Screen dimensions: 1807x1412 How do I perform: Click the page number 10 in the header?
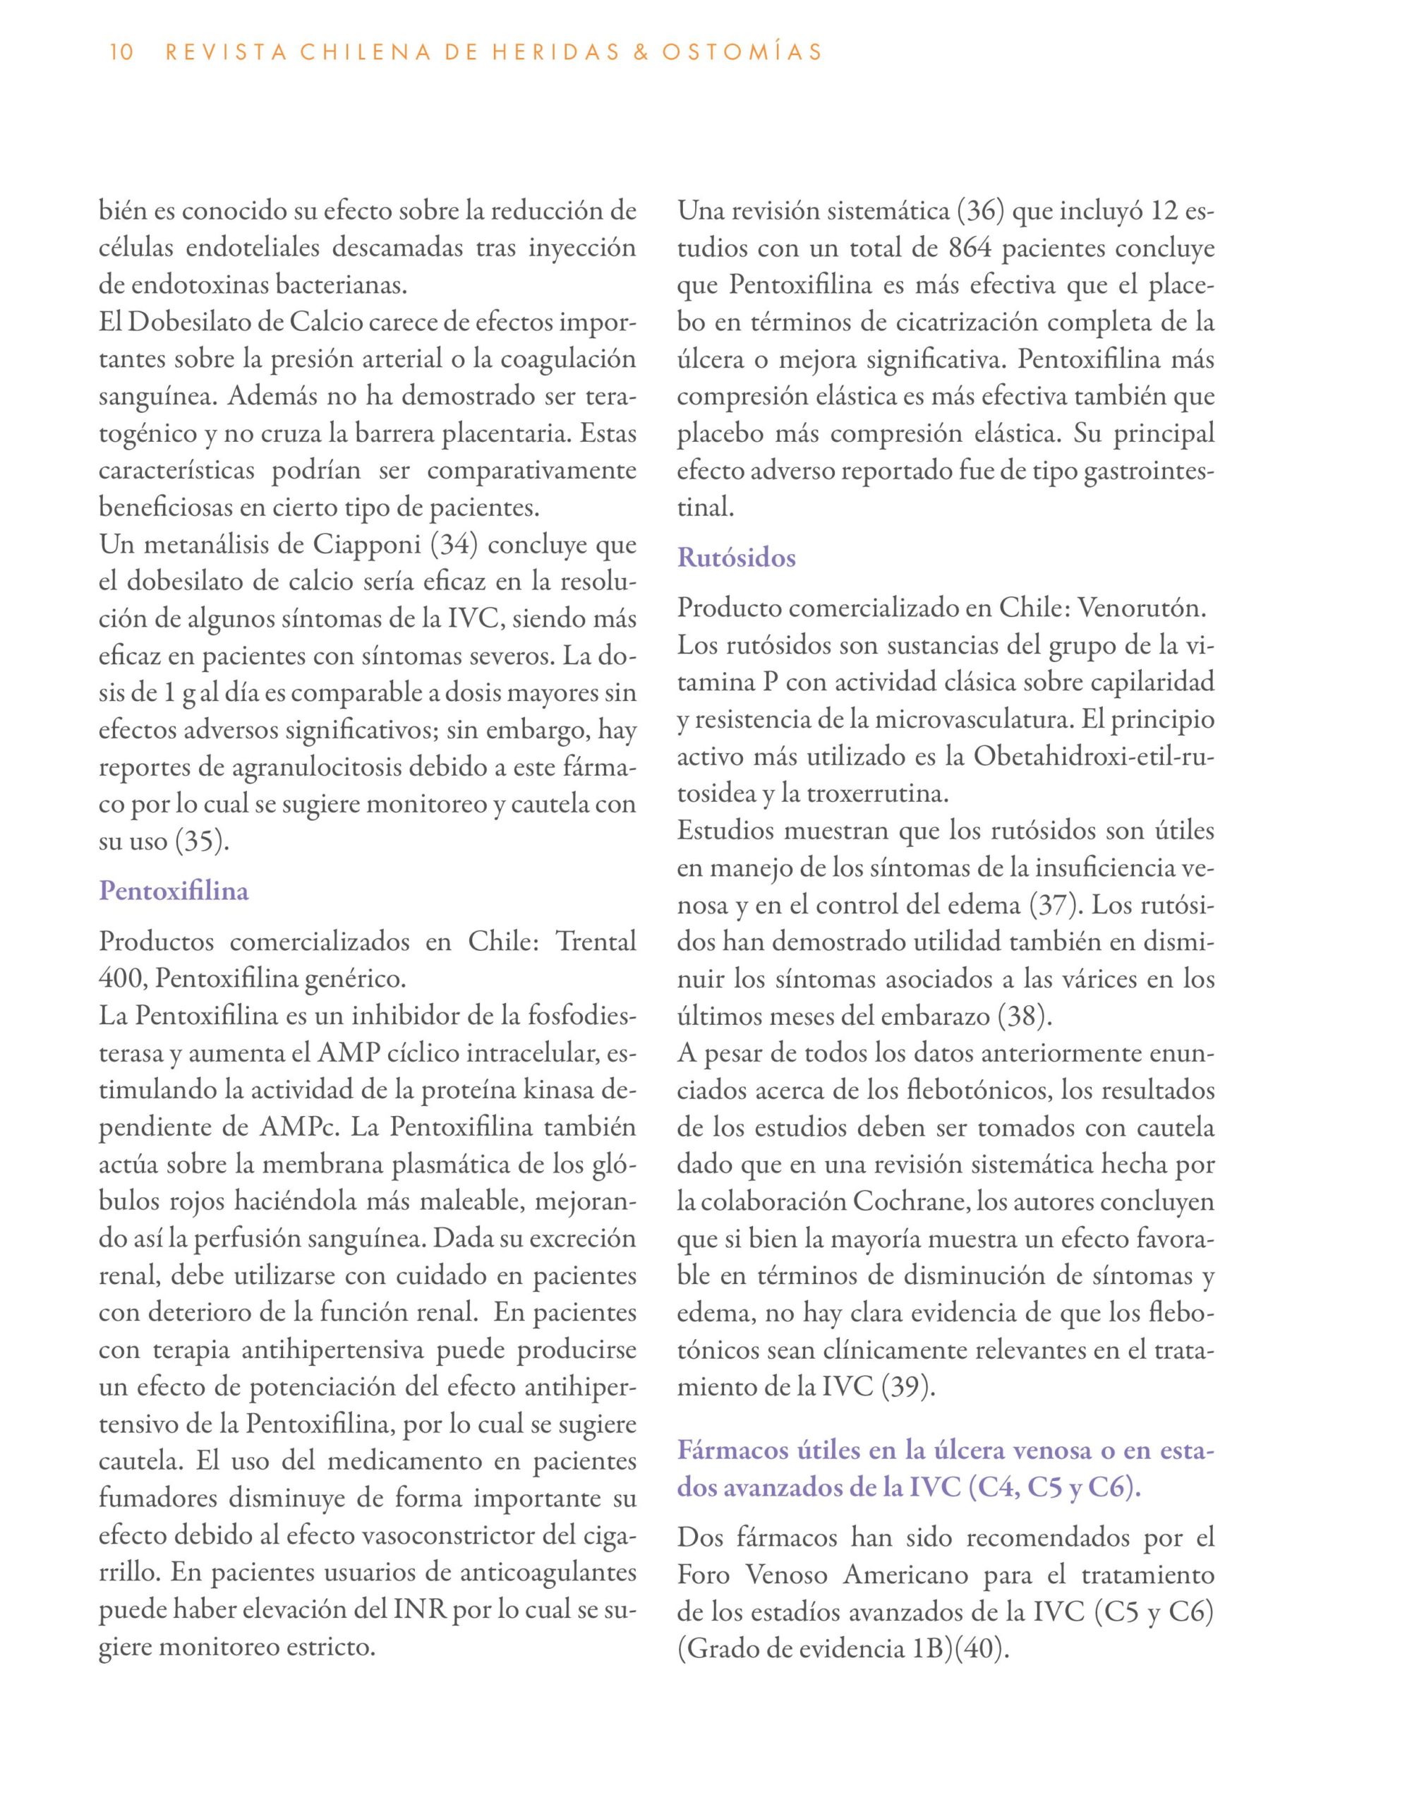121,53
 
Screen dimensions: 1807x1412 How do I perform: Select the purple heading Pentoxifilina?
174,891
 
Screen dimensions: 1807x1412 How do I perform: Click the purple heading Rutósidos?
736,558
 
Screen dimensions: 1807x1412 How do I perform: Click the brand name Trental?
596,942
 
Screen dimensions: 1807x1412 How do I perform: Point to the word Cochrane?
907,1201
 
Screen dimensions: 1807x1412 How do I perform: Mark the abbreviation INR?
420,1610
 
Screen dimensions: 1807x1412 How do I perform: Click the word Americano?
906,1573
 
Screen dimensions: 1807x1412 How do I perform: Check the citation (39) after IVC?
908,1387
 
